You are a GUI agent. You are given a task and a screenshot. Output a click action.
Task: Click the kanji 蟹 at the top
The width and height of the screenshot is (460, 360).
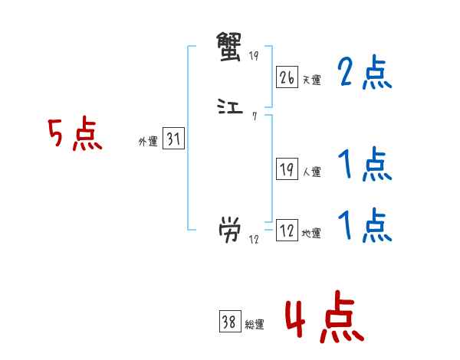pyautogui.click(x=231, y=49)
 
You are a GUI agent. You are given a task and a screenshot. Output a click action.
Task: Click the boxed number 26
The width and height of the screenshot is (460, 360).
pyautogui.click(x=287, y=77)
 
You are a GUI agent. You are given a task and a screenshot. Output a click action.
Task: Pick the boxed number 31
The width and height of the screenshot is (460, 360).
pyautogui.click(x=173, y=139)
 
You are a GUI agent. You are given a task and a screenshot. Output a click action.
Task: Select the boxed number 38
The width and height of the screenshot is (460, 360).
pyautogui.click(x=229, y=322)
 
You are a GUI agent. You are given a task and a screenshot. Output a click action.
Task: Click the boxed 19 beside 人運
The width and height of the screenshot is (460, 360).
pyautogui.click(x=287, y=171)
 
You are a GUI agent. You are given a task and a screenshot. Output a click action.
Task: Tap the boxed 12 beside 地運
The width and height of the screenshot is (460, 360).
pyautogui.click(x=287, y=231)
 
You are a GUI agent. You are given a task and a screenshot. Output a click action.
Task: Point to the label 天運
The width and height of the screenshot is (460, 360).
pyautogui.click(x=311, y=80)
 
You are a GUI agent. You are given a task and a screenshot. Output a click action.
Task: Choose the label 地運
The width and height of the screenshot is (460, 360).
pyautogui.click(x=311, y=234)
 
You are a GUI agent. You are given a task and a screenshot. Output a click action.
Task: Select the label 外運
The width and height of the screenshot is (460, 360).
pyautogui.click(x=148, y=142)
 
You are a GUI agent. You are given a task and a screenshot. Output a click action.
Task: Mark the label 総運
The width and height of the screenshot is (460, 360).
pyautogui.click(x=254, y=325)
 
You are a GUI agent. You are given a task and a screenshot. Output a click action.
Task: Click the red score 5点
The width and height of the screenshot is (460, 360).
pyautogui.click(x=75, y=136)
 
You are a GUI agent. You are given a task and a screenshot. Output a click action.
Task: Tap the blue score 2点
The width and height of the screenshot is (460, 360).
pyautogui.click(x=364, y=74)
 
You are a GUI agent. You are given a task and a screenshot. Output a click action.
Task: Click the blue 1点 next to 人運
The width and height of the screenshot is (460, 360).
pyautogui.click(x=364, y=165)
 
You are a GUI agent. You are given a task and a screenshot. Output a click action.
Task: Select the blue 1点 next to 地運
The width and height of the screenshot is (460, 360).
pyautogui.click(x=364, y=226)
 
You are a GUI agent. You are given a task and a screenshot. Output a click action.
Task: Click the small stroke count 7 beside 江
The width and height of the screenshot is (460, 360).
pyautogui.click(x=254, y=117)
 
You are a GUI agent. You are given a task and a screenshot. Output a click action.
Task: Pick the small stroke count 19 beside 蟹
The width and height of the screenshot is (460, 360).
pyautogui.click(x=255, y=57)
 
